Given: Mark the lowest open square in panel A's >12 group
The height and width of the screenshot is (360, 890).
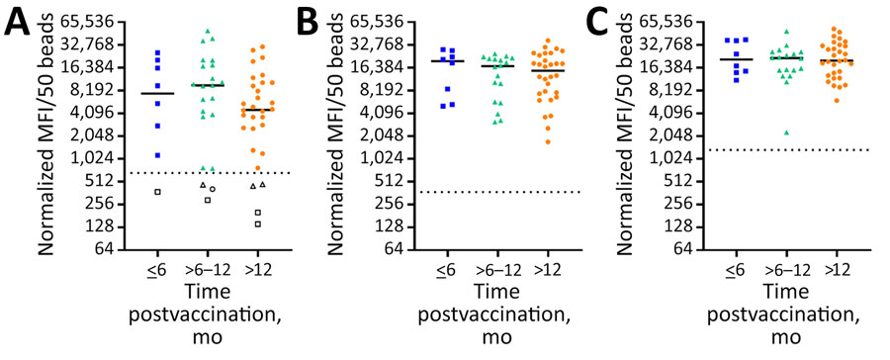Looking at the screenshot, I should [258, 225].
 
